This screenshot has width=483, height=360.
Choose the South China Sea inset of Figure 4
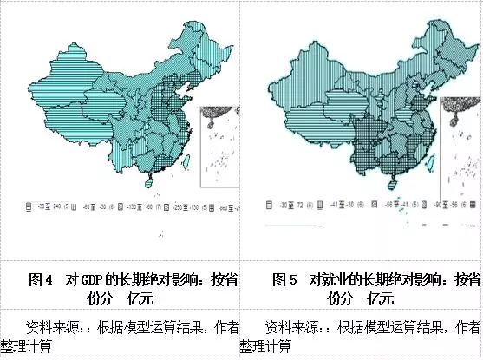tap(218, 142)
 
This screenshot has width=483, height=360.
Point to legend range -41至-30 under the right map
tap(342, 209)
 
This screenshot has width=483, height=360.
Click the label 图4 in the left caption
tap(42, 280)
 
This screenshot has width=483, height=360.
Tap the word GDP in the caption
tap(92, 280)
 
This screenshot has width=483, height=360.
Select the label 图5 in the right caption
tap(284, 280)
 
